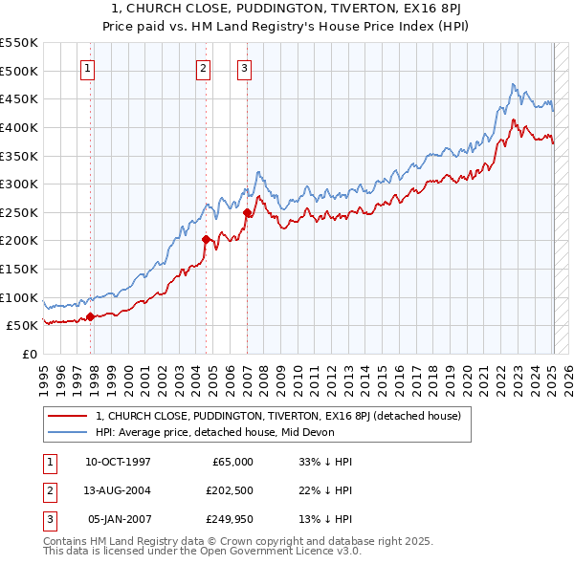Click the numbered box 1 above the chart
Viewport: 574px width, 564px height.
point(88,68)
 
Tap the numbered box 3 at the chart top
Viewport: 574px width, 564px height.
point(245,68)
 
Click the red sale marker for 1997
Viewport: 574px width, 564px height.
point(90,316)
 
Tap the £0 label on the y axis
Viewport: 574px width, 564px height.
point(29,354)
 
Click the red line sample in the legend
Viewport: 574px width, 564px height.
point(68,416)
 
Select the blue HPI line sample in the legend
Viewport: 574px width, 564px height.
point(68,431)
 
